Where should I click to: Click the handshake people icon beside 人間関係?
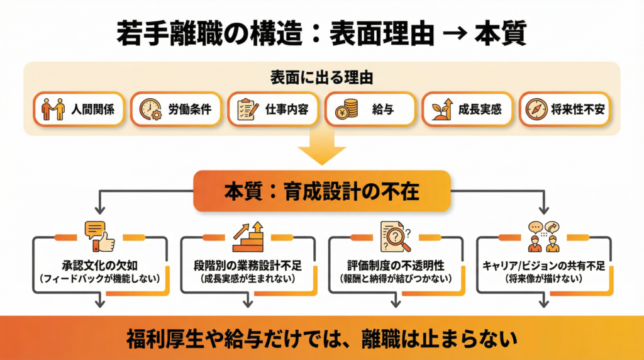pos(53,110)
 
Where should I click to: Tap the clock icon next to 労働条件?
pos(150,110)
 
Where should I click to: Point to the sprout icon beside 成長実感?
pos(443,110)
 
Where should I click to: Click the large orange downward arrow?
pos(321,150)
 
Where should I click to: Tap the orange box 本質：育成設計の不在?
pos(321,191)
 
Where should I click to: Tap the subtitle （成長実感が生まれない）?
pos(248,278)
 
